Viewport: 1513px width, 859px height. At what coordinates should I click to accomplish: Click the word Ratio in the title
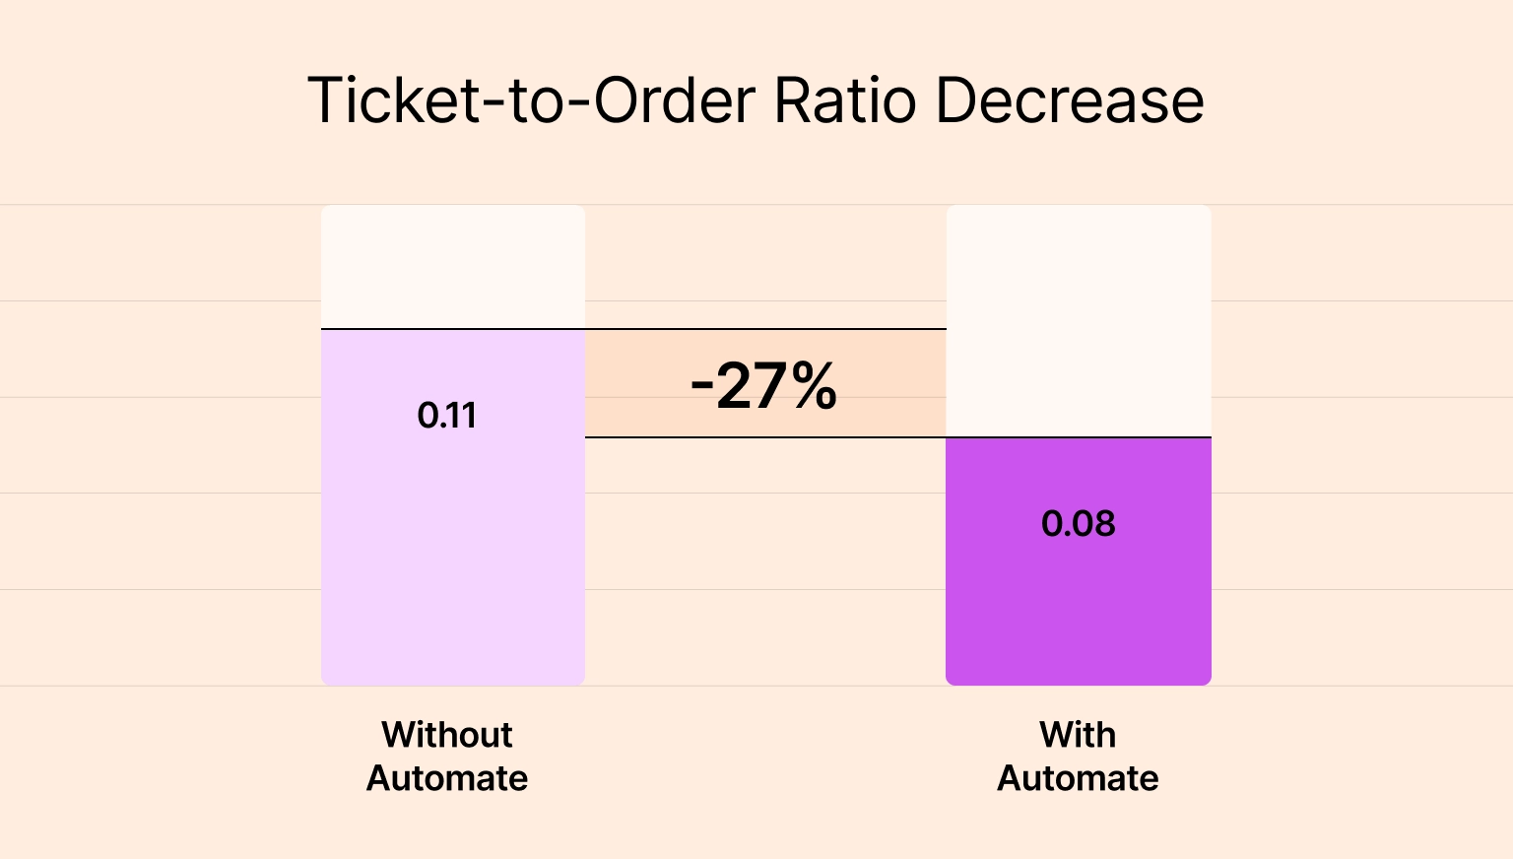[x=845, y=100]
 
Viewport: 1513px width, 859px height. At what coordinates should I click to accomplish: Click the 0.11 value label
[x=447, y=416]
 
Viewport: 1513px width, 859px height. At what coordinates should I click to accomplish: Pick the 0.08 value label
[x=1078, y=523]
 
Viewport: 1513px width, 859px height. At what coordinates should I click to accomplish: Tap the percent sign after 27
[x=813, y=385]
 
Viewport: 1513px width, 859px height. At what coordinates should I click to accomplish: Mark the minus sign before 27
[x=701, y=386]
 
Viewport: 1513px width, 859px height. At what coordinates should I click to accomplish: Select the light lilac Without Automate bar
[x=453, y=571]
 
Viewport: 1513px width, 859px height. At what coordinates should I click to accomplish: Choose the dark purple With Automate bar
[x=1078, y=611]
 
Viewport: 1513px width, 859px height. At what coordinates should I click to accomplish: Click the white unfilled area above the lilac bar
[x=453, y=266]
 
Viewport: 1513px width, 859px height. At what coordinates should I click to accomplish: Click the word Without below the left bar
[x=447, y=735]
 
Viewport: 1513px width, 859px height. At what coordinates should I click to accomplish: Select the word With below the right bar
[x=1078, y=735]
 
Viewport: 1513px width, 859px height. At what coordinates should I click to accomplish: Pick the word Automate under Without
[x=447, y=778]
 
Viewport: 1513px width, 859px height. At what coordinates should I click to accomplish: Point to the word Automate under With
[x=1078, y=778]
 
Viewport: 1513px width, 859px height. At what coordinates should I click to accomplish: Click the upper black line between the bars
[x=765, y=329]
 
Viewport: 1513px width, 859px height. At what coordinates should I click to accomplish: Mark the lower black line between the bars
[x=765, y=436]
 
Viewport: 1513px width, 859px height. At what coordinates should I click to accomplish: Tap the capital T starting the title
[x=324, y=100]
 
